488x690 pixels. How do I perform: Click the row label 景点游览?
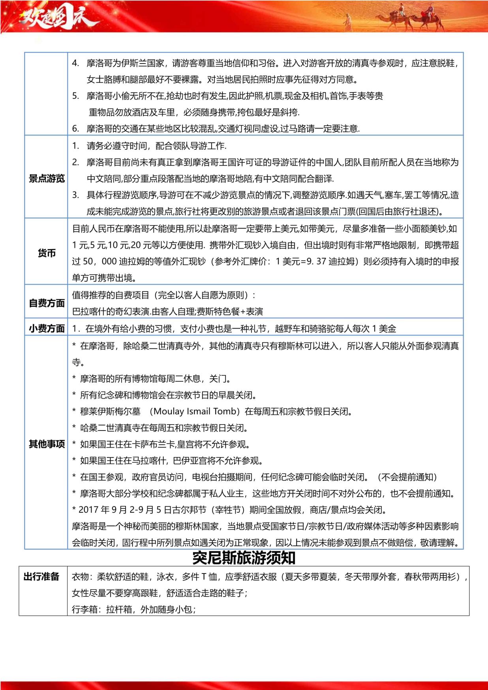pos(47,179)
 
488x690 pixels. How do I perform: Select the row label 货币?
pos(47,253)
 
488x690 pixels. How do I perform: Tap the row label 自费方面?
pos(47,303)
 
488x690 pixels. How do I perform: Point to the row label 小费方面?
pos(47,328)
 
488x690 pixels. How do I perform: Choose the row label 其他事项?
pos(47,444)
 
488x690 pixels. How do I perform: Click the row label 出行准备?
pos(41,577)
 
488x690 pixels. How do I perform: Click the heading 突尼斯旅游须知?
pos(244,558)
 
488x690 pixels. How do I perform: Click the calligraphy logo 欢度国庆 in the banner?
pos(55,17)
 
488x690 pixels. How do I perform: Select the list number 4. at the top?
pos(75,63)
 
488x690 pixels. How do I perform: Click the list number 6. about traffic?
pos(75,129)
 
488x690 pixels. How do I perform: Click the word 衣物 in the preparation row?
pos(80,577)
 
